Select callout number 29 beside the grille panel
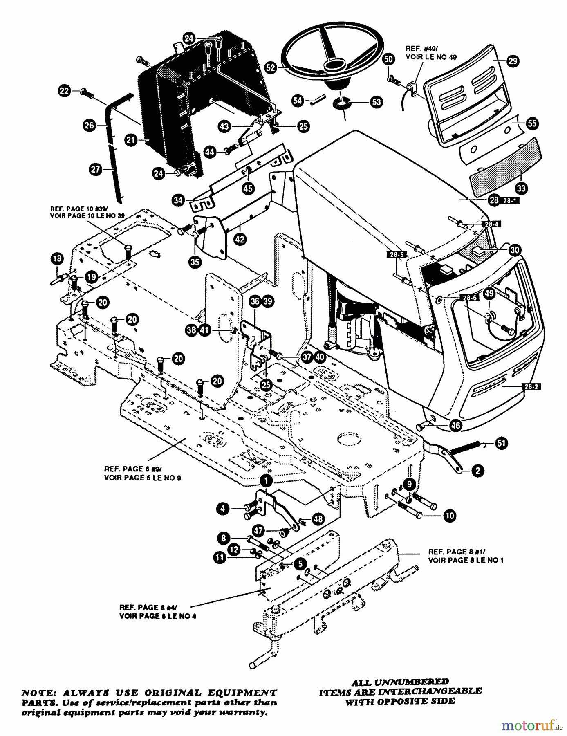pyautogui.click(x=512, y=61)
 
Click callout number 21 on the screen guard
pyautogui.click(x=131, y=140)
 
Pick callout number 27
pyautogui.click(x=96, y=169)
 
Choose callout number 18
pyautogui.click(x=57, y=258)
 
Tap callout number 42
pyautogui.click(x=240, y=239)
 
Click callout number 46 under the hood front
pyautogui.click(x=455, y=425)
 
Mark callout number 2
pyautogui.click(x=477, y=470)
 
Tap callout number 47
pyautogui.click(x=258, y=530)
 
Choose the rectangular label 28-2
pyautogui.click(x=531, y=386)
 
